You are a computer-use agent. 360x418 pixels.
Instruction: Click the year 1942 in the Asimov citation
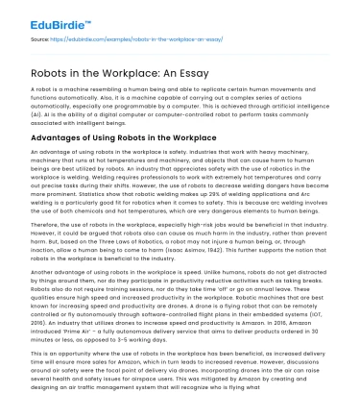click(x=228, y=253)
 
